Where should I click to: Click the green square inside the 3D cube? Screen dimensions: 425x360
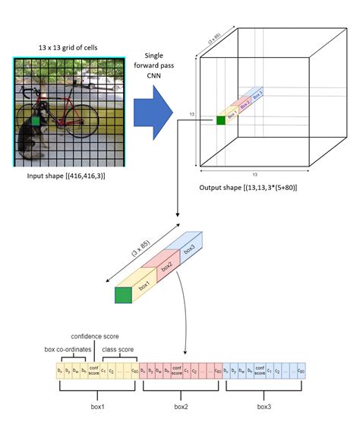click(221, 119)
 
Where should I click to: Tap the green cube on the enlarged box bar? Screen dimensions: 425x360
click(122, 293)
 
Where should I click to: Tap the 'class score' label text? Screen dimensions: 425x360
click(119, 349)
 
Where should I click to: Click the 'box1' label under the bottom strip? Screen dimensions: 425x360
click(97, 407)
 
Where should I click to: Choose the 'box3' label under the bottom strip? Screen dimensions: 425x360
click(264, 407)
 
